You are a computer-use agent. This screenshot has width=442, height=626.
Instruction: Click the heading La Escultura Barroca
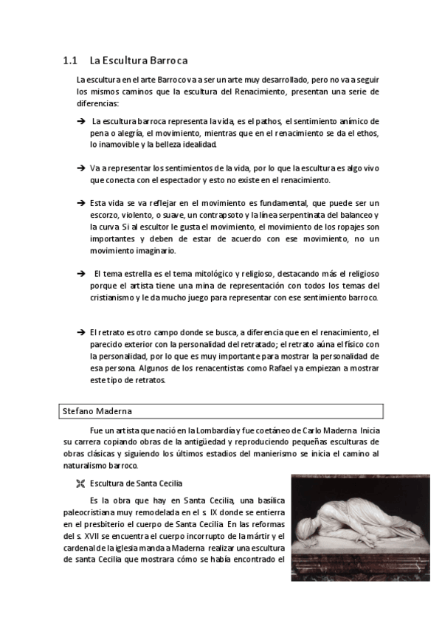click(139, 61)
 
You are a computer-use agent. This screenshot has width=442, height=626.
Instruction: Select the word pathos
click(269, 121)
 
